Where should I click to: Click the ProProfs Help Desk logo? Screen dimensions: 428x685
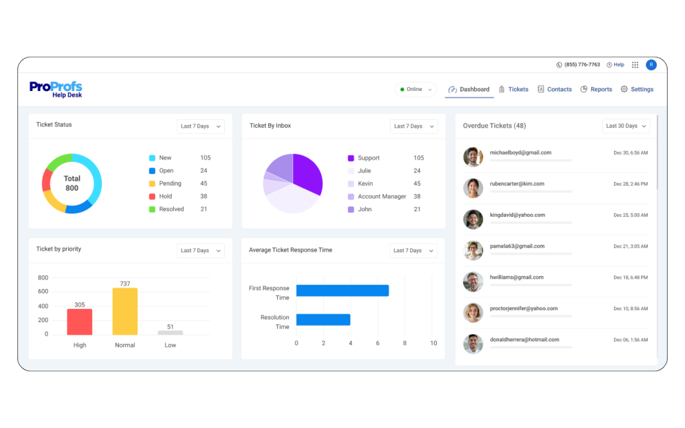point(56,90)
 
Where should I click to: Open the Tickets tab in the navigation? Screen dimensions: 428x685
point(514,89)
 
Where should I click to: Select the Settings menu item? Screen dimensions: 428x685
point(637,89)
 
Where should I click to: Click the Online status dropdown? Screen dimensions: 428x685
point(415,89)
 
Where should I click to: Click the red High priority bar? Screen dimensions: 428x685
point(80,322)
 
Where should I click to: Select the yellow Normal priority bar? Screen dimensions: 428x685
point(125,311)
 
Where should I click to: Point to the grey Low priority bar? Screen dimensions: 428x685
point(171,332)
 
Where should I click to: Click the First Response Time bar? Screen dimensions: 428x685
point(342,290)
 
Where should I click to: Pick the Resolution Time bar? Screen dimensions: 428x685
point(323,320)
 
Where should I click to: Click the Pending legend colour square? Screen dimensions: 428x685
point(152,183)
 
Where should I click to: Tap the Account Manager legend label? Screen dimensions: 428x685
point(382,197)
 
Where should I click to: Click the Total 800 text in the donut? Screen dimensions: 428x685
point(72,183)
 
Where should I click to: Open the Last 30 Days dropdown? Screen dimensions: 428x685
point(626,126)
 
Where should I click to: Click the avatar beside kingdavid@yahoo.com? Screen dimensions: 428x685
point(473,219)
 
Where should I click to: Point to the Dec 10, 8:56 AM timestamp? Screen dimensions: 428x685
point(630,309)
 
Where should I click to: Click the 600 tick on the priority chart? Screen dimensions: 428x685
point(43,292)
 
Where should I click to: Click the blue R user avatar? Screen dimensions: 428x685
point(651,65)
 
